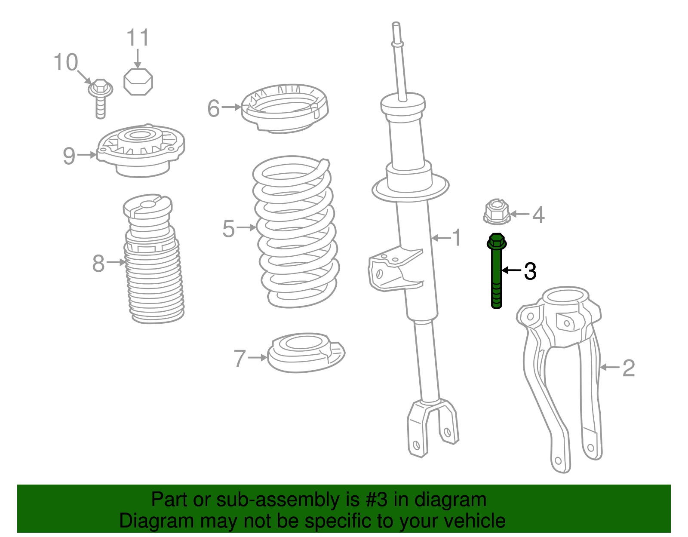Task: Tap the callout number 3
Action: click(530, 271)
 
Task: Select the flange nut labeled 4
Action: click(497, 212)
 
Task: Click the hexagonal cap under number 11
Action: click(138, 81)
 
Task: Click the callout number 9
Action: click(69, 156)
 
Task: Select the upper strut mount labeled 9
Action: click(140, 150)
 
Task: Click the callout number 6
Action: click(213, 108)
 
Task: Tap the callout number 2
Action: click(628, 368)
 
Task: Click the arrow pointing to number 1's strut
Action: click(441, 238)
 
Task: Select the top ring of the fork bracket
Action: click(565, 296)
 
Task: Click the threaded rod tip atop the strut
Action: click(396, 30)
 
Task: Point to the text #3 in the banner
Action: click(377, 500)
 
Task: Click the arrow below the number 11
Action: click(138, 58)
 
